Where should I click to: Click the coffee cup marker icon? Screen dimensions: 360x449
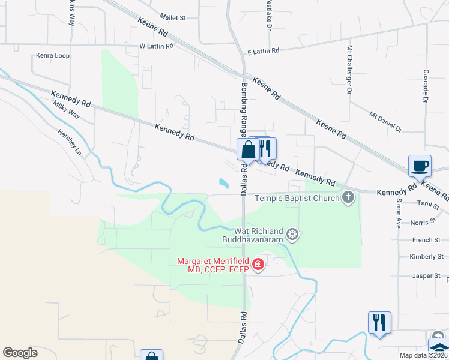pyautogui.click(x=420, y=165)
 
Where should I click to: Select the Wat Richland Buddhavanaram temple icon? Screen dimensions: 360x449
pyautogui.click(x=292, y=234)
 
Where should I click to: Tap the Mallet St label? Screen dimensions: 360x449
pyautogui.click(x=173, y=18)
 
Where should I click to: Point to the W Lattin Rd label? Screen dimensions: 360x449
pyautogui.click(x=156, y=46)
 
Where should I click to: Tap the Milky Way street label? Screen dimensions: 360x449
pyautogui.click(x=66, y=112)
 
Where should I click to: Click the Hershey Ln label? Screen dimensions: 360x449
pyautogui.click(x=69, y=142)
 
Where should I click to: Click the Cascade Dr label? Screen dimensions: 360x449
pyautogui.click(x=425, y=86)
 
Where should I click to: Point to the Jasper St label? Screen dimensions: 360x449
pyautogui.click(x=429, y=275)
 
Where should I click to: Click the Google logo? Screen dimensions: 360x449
pyautogui.click(x=20, y=353)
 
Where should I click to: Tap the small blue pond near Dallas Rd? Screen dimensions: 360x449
pyautogui.click(x=223, y=182)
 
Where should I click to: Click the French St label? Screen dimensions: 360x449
pyautogui.click(x=427, y=240)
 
